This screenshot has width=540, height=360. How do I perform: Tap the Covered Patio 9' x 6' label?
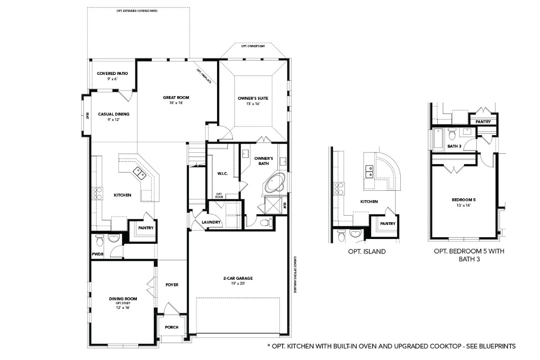[x=112, y=76]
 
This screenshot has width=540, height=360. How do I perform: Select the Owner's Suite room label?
[x=253, y=100]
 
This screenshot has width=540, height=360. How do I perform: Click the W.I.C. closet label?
[x=222, y=174]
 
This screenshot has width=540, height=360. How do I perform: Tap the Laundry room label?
[x=210, y=222]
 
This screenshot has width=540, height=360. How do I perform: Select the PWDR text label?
[x=97, y=255]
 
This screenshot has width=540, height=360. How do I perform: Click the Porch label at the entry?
[x=172, y=327]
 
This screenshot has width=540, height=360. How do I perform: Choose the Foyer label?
[x=172, y=285]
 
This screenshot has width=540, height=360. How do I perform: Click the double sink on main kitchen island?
[x=140, y=172]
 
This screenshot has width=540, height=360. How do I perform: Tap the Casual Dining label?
[x=113, y=116]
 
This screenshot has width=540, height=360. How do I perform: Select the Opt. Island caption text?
[x=367, y=252]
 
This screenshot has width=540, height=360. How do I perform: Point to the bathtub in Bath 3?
[x=438, y=139]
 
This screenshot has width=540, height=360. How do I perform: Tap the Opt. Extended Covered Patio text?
[x=137, y=10]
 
